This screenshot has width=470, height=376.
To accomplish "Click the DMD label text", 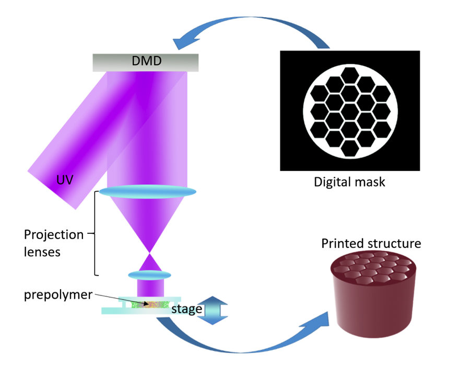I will pos(145,62).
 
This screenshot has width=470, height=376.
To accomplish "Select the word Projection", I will pos(54,235).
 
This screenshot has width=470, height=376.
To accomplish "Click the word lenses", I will pos(42,252).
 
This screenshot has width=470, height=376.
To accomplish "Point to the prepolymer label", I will pos(57,294).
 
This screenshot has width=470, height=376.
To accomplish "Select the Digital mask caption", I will pos(349,183).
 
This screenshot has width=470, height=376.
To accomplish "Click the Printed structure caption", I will pos(371,244).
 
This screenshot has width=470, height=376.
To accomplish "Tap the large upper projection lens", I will pos(148,192).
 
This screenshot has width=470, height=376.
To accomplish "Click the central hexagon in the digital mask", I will pos(350,111).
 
